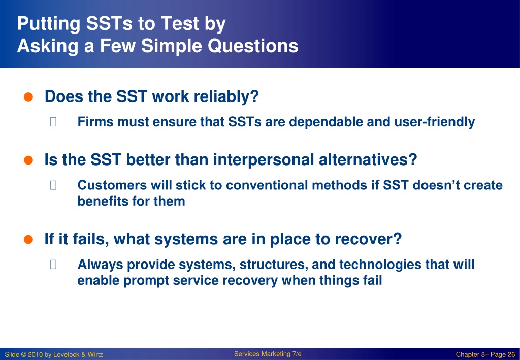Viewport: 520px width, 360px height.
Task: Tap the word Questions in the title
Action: (253, 46)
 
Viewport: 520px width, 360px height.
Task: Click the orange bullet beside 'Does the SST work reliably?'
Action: (28, 97)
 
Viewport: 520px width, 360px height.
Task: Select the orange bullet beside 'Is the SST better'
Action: (28, 160)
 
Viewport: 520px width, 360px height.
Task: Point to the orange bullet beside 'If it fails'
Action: (28, 239)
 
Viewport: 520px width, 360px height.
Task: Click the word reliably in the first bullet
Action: (226, 97)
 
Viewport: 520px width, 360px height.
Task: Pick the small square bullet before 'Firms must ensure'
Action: (53, 122)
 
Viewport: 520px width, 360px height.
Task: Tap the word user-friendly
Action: (435, 122)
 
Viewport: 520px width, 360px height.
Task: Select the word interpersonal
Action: (264, 160)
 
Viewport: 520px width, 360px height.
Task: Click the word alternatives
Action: (368, 160)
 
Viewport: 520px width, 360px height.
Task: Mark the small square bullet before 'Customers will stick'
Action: (53, 185)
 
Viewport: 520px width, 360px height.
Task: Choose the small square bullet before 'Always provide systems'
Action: (53, 264)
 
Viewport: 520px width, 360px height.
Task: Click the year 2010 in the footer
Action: (35, 355)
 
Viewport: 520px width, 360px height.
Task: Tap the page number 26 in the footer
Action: (511, 355)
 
